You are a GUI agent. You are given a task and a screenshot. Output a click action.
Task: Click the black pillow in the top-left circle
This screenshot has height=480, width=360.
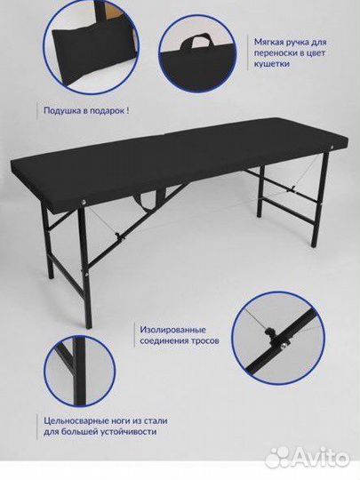click(92, 55)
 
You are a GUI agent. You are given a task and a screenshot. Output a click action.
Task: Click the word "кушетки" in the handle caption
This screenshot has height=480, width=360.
click(271, 64)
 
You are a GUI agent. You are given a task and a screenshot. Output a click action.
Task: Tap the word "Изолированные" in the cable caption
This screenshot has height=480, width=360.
click(173, 330)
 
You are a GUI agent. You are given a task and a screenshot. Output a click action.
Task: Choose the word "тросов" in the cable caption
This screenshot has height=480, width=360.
click(205, 341)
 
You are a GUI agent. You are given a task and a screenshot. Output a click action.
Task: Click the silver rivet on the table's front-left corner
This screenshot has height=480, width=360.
click(83, 202)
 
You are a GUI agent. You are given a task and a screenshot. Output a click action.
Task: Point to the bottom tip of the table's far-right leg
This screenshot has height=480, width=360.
click(313, 245)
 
